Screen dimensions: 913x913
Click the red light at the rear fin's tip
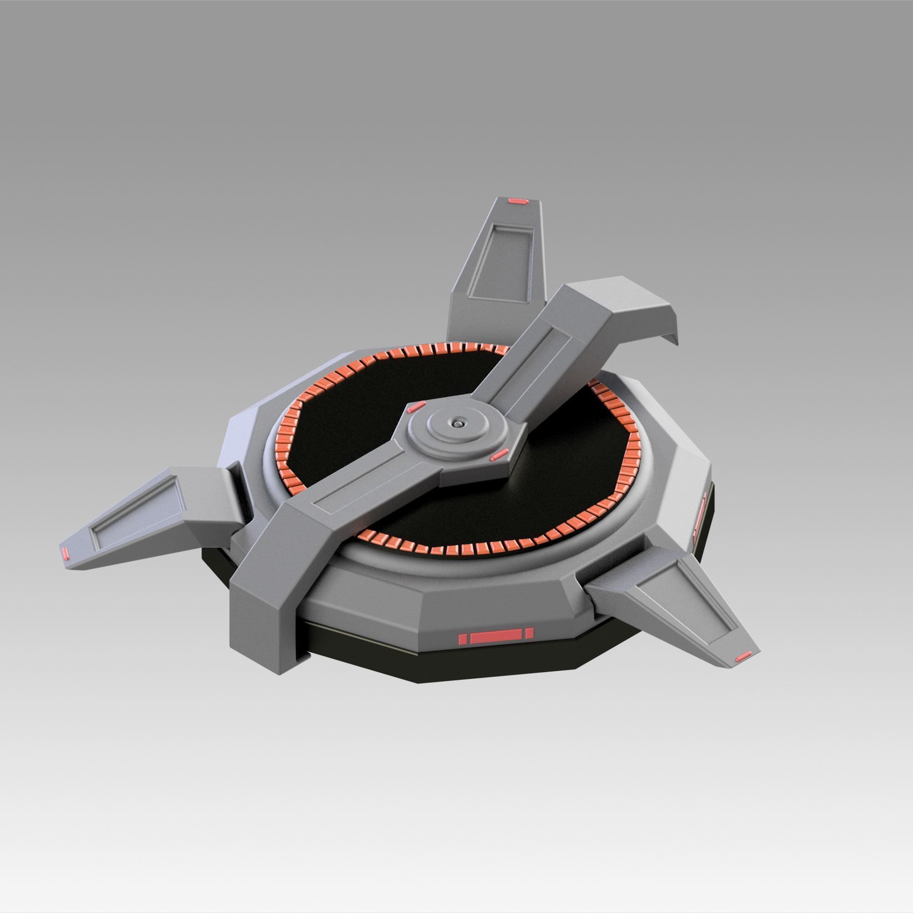[518, 202]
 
